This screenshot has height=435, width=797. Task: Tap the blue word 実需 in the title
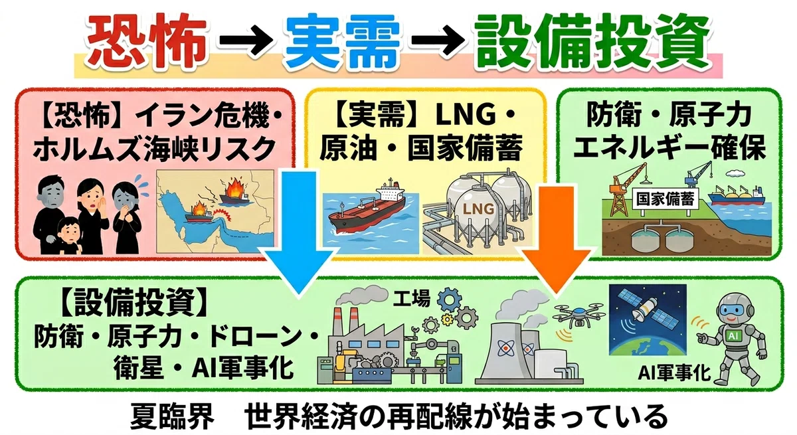click(341, 41)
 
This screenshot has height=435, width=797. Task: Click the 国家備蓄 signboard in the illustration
click(665, 199)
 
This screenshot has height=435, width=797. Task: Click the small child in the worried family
click(70, 236)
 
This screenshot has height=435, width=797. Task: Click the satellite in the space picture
click(648, 310)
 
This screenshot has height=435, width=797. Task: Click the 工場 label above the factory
click(411, 298)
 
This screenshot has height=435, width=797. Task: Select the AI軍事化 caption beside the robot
click(674, 373)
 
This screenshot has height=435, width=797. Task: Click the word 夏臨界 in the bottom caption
click(172, 416)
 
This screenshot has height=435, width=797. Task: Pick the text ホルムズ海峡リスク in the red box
click(154, 148)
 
